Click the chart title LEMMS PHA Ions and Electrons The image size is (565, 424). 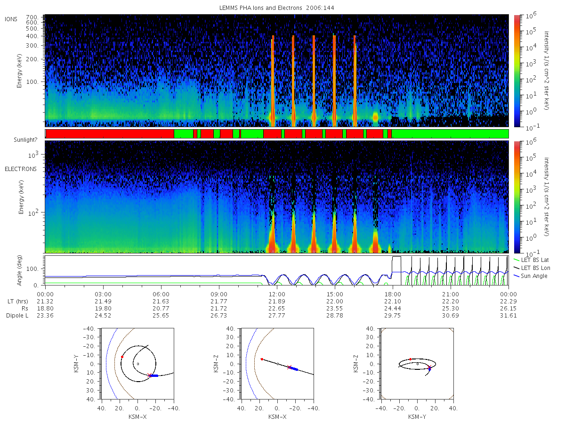tap(260, 8)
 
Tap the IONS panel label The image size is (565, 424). tap(11, 19)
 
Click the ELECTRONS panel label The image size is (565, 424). tap(21, 169)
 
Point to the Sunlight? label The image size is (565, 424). tap(25, 140)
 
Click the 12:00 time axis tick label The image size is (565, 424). tap(277, 294)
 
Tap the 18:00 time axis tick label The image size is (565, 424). tap(393, 294)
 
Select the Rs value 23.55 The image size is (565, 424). tap(335, 309)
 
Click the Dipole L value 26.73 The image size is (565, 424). tap(219, 316)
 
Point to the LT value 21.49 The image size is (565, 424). tap(103, 302)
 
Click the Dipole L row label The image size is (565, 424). tap(17, 316)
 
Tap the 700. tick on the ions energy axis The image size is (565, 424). tap(32, 17)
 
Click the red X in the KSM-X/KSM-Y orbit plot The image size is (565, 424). tap(150, 375)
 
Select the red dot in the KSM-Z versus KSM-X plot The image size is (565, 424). tap(262, 359)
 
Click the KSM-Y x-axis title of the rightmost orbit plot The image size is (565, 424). tap(417, 417)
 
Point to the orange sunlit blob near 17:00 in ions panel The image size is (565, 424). tap(375, 118)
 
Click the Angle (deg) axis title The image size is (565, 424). tap(19, 270)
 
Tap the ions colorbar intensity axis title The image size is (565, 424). tap(547, 70)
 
